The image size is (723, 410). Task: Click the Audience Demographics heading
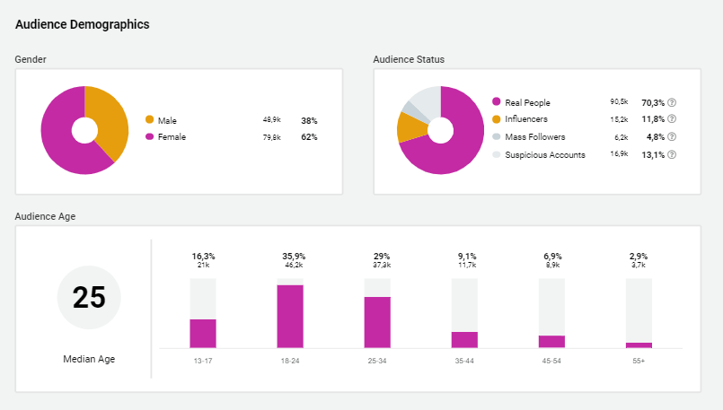[83, 24]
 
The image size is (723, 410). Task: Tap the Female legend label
[172, 137]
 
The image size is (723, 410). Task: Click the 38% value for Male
[309, 120]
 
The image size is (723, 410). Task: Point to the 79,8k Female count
[271, 137]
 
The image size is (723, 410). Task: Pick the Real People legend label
[527, 102]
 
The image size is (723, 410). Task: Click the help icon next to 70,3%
[672, 102]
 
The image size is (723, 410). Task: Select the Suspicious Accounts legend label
[545, 154]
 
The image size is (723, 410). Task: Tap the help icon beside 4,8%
[672, 137]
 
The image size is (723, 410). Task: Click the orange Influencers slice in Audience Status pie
[410, 127]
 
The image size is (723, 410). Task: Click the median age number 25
[89, 297]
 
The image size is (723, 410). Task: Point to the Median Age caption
[89, 359]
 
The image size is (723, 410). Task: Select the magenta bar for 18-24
[290, 316]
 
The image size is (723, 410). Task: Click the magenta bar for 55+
[639, 345]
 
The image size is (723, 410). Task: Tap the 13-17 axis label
[203, 361]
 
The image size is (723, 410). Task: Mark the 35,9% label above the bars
[290, 256]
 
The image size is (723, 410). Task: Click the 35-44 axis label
[464, 361]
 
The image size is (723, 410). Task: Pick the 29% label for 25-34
[377, 256]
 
